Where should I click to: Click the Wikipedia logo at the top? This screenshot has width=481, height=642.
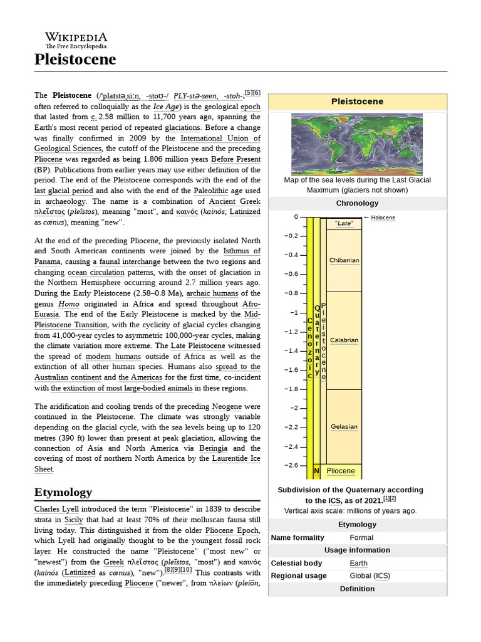[76, 40]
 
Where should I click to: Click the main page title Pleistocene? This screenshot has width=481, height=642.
[75, 60]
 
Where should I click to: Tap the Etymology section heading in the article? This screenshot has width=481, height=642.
[63, 492]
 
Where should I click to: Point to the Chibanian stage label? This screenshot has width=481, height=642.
[344, 260]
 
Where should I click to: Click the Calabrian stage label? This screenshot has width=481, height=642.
[344, 340]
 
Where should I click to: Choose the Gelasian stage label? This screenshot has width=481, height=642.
[344, 427]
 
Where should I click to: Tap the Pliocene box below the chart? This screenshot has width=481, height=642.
[341, 471]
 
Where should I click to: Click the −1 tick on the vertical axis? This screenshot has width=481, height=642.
[294, 312]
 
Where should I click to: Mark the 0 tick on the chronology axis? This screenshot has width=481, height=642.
[296, 217]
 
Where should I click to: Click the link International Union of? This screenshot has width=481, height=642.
[220, 138]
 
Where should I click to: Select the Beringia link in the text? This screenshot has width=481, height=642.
[213, 448]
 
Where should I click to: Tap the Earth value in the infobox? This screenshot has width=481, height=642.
[358, 563]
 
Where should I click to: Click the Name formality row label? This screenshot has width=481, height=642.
[297, 537]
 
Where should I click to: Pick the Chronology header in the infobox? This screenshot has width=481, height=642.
[357, 203]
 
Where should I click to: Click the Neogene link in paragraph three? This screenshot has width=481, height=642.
[227, 406]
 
